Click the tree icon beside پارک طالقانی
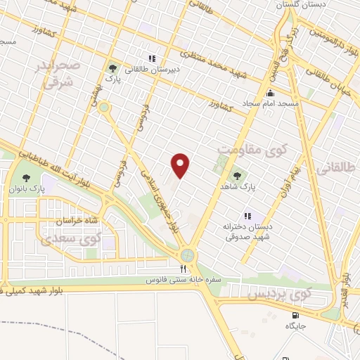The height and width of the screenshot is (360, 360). click(112, 68)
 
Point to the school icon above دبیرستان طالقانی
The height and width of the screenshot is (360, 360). click(151, 58)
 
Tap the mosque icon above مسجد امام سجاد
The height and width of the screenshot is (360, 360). click(270, 94)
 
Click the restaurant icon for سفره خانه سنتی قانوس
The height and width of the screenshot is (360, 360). click(183, 269)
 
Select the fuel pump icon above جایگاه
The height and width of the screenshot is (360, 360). click(295, 315)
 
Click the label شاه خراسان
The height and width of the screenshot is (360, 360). click(70, 220)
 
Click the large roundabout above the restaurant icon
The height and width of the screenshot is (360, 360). click(188, 255)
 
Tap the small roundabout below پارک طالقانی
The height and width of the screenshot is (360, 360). click(104, 108)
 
